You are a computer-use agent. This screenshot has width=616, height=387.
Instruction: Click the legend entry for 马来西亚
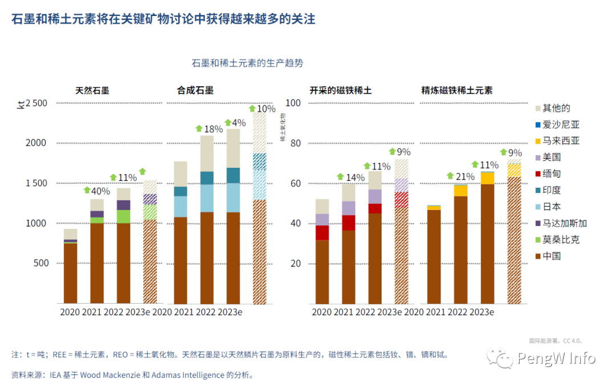coord(561,141)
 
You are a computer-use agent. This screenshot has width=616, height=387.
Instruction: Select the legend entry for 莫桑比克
coord(561,240)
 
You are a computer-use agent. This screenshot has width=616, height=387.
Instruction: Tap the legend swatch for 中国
coord(538,256)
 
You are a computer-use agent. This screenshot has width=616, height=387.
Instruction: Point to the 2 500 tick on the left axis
coord(36,103)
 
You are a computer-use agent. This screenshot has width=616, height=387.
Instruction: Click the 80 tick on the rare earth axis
coord(293,143)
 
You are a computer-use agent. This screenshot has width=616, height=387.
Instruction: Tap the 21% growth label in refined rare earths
coord(465,176)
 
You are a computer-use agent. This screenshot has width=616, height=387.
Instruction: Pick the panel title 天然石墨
coord(92,90)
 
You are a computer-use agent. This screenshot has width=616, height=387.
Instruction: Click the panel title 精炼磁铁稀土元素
coord(457,90)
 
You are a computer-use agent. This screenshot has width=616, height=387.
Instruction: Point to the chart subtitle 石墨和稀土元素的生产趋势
coord(252,63)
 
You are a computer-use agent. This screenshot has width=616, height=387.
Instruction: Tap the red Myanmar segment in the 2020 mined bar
coord(322,233)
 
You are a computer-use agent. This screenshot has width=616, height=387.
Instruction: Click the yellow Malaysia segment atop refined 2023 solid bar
coord(487,178)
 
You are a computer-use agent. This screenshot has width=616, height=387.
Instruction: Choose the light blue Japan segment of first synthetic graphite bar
coord(180,206)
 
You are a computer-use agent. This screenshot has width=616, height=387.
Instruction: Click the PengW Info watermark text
coord(556,358)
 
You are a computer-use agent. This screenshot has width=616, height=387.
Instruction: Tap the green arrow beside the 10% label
coord(253,108)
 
